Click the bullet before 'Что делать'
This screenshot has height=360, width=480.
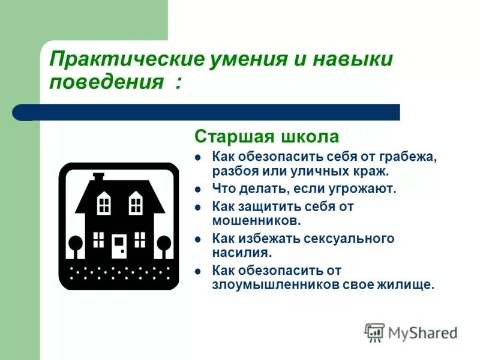click(199, 189)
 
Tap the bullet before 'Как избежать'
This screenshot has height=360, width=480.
click(199, 239)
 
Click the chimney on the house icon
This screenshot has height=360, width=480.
click(98, 178)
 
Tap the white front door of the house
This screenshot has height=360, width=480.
click(119, 245)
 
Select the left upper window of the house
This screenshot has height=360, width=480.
click(104, 203)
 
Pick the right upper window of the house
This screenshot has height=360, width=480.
click(136, 203)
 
